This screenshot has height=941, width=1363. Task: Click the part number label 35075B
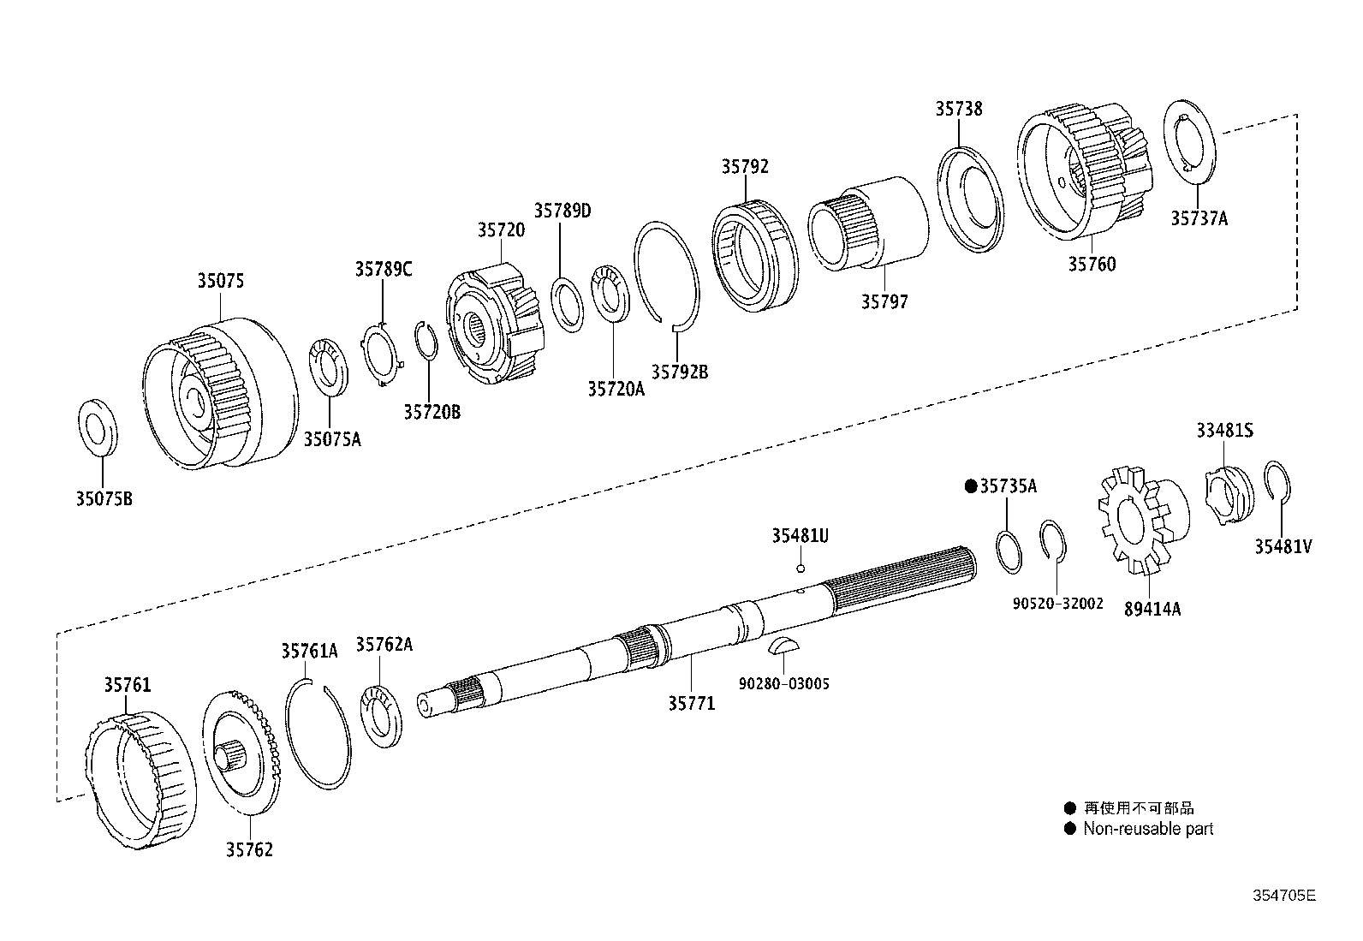point(104,498)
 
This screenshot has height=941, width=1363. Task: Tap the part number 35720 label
point(501,230)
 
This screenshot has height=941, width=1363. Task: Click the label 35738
point(959,109)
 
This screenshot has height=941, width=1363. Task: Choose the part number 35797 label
point(884,302)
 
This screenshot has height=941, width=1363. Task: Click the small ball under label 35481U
point(801,569)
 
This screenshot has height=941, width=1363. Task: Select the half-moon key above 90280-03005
point(782,646)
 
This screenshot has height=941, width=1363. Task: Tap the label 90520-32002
point(1057,603)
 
